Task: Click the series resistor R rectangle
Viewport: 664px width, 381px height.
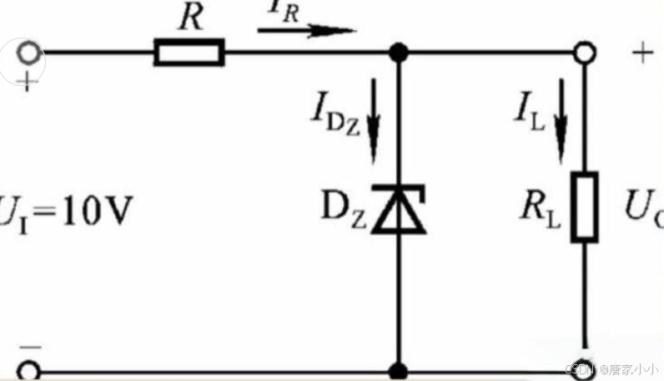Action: [x=189, y=54]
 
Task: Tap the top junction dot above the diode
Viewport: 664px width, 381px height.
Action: [x=400, y=53]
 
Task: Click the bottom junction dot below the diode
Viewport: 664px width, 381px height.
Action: [x=400, y=370]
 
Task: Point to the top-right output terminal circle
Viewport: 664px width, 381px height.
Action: [x=585, y=53]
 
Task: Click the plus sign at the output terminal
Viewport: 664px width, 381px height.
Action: [x=641, y=53]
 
